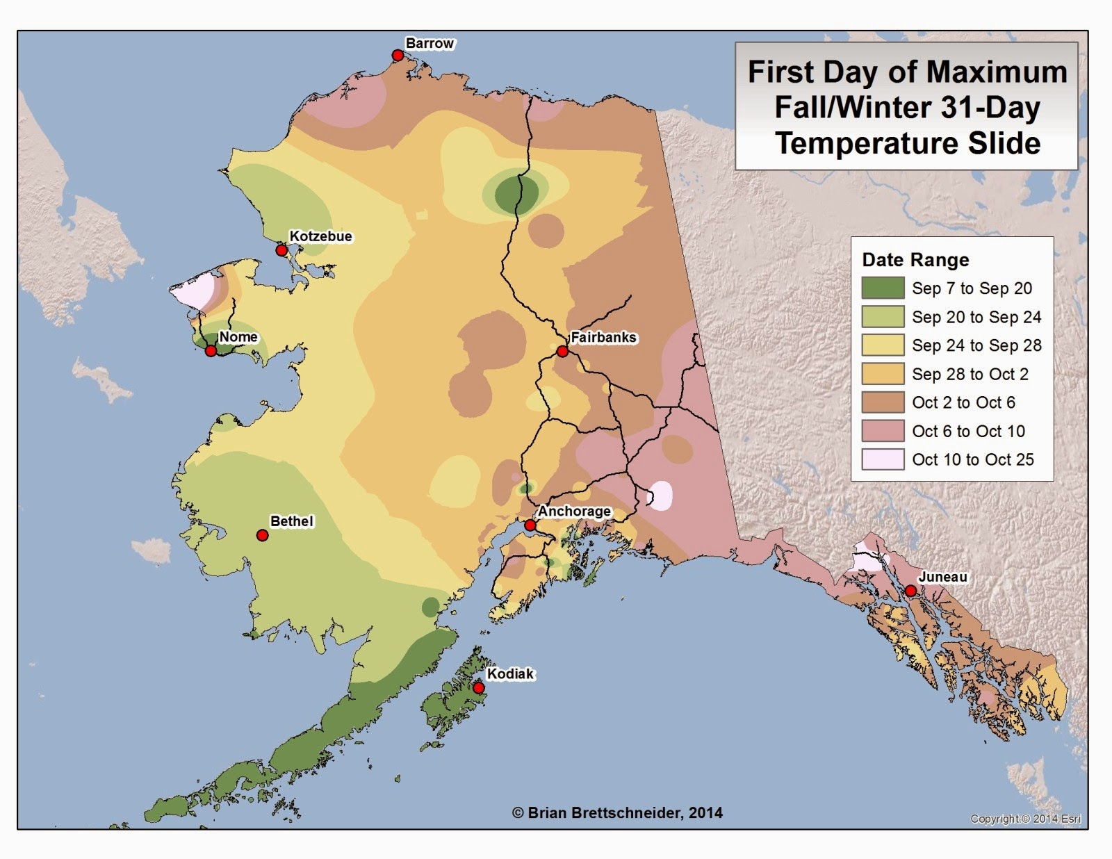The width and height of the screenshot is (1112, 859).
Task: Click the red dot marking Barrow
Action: coord(398,56)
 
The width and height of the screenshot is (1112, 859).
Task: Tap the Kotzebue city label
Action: coord(320,236)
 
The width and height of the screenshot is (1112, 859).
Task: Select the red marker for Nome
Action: coord(211,351)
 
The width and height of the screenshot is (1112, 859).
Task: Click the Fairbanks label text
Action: coord(603,337)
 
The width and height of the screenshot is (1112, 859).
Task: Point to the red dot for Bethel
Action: coord(262,535)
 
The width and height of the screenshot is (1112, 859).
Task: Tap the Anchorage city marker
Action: coord(530,525)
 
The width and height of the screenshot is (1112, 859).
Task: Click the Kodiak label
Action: coord(510,673)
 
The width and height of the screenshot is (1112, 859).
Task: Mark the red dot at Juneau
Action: coord(910,591)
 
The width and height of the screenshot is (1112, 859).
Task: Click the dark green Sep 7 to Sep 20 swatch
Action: coord(883,288)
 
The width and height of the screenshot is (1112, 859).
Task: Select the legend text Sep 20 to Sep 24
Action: coord(976,317)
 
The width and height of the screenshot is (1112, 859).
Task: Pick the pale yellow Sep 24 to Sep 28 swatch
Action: coord(883,345)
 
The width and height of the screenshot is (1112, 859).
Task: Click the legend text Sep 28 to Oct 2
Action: coord(970,374)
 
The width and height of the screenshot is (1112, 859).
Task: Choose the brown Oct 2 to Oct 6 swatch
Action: coord(883,402)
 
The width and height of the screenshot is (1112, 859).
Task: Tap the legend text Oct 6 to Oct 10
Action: coord(968,431)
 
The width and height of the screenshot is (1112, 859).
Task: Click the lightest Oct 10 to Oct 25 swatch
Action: coord(883,459)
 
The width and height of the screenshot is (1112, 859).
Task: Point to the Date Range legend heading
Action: coord(915,260)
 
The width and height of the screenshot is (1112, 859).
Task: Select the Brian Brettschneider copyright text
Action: coord(617,812)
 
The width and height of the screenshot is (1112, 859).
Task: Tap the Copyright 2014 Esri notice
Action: coord(1025,819)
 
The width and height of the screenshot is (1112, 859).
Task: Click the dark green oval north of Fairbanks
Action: coord(516,193)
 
